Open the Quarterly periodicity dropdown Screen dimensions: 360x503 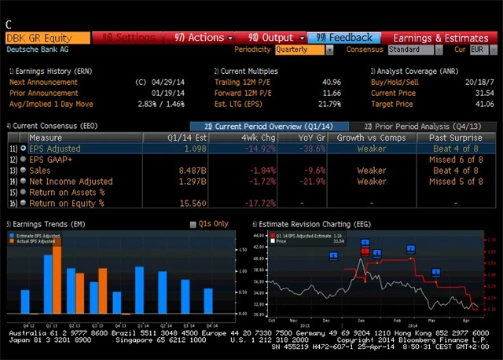pos(303,50)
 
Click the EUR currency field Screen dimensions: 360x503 pos(478,50)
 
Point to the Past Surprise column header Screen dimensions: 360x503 pos(454,138)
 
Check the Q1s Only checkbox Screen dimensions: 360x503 pos(193,225)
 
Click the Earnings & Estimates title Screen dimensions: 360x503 pos(440,38)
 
